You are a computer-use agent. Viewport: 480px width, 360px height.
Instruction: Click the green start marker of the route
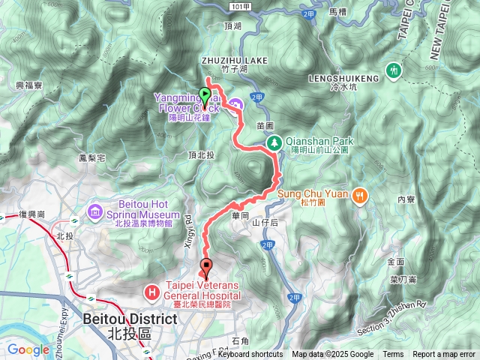205,95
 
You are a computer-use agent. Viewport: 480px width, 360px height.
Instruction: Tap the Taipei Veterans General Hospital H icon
152,289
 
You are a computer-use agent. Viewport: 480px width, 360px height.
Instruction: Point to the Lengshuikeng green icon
394,70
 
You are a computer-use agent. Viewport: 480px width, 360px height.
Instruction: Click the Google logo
28,349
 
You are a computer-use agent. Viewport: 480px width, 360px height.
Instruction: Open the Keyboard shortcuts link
250,355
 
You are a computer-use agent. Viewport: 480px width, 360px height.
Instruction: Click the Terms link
393,355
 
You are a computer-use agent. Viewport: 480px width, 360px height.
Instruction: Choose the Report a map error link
444,355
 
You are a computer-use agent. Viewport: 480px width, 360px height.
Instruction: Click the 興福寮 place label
29,85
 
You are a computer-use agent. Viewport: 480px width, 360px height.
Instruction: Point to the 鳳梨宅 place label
91,159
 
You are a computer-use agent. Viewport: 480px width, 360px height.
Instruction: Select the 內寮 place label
406,199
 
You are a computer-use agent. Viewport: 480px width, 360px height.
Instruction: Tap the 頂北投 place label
201,154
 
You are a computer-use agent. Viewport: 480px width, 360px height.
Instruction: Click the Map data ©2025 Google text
332,355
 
